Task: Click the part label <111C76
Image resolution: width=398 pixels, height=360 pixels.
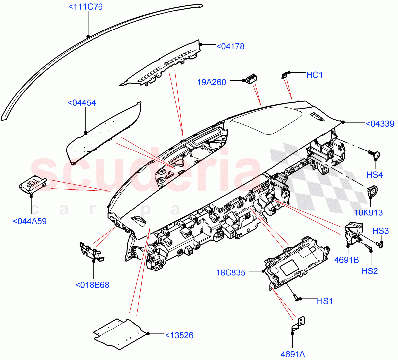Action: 86,7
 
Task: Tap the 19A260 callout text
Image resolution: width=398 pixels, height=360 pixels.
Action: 212,82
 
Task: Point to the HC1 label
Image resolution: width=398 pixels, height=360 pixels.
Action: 314,75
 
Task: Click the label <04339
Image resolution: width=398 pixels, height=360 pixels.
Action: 380,124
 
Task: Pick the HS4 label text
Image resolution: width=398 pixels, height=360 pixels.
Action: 375,175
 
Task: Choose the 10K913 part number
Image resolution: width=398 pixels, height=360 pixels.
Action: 368,213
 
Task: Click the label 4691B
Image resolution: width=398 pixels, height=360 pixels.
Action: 346,260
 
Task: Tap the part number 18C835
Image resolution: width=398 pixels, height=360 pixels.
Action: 231,273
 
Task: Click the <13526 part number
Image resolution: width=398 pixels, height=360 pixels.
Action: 179,335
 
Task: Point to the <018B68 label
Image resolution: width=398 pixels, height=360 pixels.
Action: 92,285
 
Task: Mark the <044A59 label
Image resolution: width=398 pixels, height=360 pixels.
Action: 30,221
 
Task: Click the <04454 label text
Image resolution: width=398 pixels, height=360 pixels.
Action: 82,103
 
